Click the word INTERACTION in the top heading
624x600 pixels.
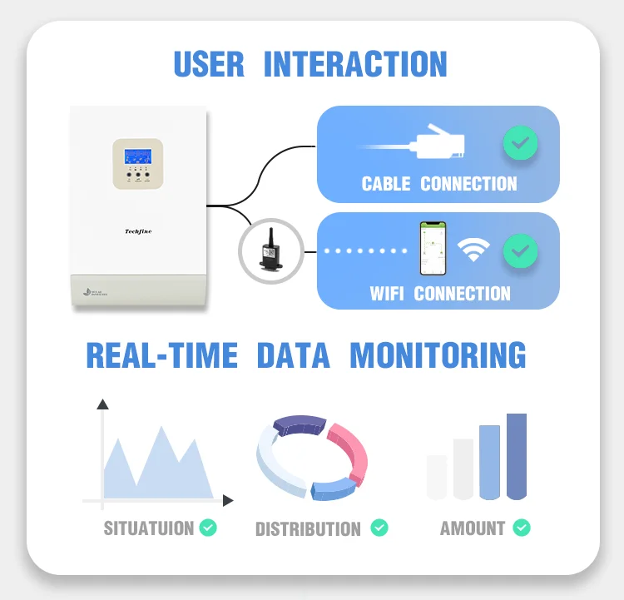pyautogui.click(x=355, y=64)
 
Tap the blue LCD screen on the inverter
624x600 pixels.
pyautogui.click(x=138, y=156)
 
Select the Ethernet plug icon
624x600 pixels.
pyautogui.click(x=432, y=144)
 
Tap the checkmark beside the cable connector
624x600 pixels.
pyautogui.click(x=520, y=144)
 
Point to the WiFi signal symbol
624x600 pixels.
pyautogui.click(x=474, y=249)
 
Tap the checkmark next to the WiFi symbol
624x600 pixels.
pyautogui.click(x=520, y=250)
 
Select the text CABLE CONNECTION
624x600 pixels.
pyautogui.click(x=438, y=184)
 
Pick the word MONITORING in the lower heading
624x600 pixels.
pyautogui.click(x=438, y=355)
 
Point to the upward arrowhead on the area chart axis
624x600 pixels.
pyautogui.click(x=103, y=404)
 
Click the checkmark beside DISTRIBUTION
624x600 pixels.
pyautogui.click(x=379, y=528)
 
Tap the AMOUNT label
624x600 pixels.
pyautogui.click(x=473, y=528)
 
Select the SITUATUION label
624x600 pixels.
pyautogui.click(x=148, y=528)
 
